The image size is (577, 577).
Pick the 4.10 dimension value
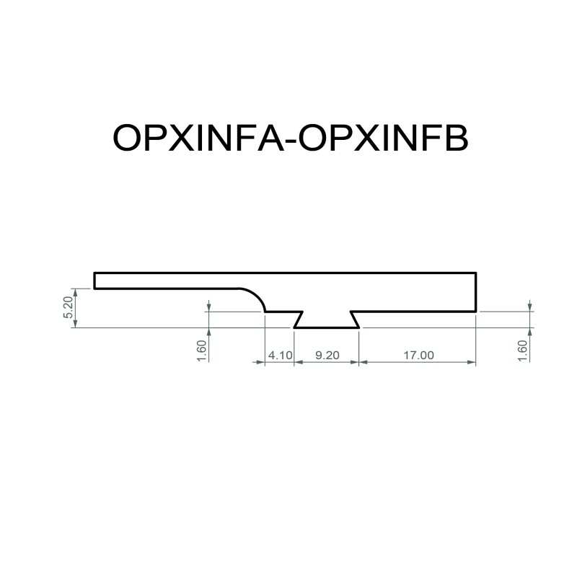pos(279,355)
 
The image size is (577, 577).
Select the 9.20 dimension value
pos(326,355)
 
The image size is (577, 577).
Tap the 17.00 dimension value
pos(418,355)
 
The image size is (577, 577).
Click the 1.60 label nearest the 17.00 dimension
pos(524,351)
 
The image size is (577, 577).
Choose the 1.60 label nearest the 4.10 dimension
pos(202,351)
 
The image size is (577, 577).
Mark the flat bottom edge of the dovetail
pos(326,327)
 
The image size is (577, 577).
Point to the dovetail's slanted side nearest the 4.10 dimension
pos(299,320)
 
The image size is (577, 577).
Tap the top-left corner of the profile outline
pos(94,273)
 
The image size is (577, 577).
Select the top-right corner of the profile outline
pos(477,273)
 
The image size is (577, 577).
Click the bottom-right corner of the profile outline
pos(477,312)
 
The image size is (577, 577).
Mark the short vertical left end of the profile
pos(94,281)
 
